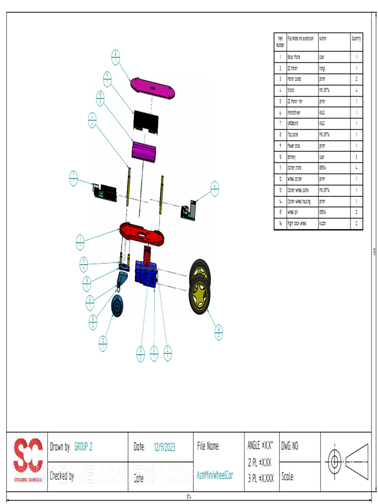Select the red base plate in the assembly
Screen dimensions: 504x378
142,233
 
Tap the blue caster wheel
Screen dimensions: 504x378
117,306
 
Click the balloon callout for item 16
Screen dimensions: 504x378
219,333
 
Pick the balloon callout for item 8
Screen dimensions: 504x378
115,57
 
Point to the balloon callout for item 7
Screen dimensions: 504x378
73,178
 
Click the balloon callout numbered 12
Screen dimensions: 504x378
103,343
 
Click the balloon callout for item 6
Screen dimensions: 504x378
215,189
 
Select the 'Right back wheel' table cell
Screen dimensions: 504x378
297,223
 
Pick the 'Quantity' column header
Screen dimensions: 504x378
356,38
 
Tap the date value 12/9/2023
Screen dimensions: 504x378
164,447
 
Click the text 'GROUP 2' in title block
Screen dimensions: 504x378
84,447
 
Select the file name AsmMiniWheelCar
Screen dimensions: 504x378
215,475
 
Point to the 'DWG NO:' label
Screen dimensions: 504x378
290,447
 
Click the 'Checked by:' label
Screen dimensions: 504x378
62,476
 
